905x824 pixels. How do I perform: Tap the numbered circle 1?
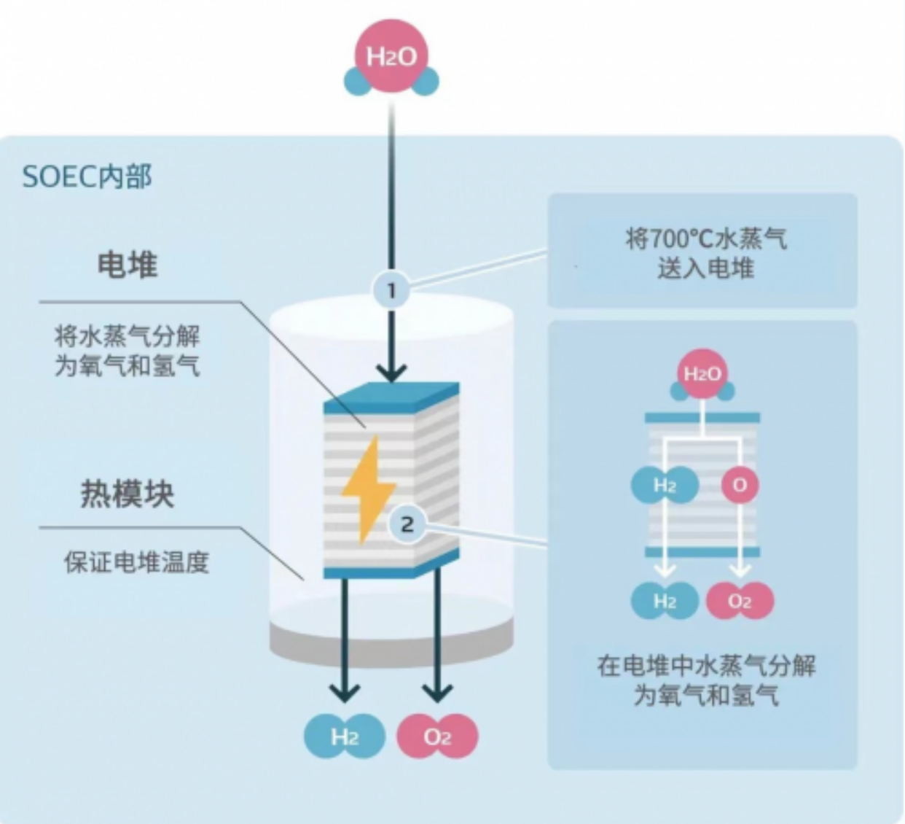(x=391, y=290)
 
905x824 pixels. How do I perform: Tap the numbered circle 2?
(x=407, y=524)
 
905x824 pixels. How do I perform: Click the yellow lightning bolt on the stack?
(x=369, y=490)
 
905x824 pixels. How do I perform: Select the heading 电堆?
(x=128, y=265)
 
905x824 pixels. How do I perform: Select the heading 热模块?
(x=128, y=494)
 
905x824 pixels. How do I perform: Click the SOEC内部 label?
(x=87, y=176)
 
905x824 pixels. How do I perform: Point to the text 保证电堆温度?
(x=137, y=562)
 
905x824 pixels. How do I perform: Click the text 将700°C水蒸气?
(x=706, y=238)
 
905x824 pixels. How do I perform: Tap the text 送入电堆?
(x=706, y=268)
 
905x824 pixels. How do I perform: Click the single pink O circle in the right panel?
(x=740, y=486)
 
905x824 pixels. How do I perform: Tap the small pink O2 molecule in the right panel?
(x=740, y=601)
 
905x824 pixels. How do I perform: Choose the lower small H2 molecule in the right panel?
(x=665, y=601)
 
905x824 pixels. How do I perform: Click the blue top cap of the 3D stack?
(x=391, y=397)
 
